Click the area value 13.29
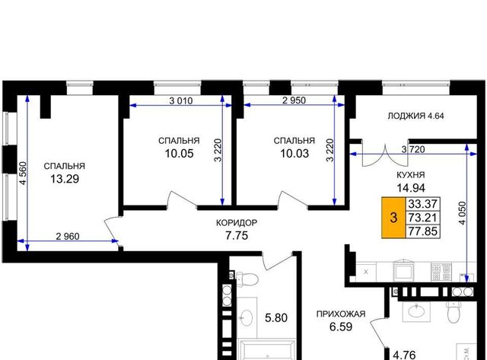(65, 179)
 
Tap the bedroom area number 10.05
(180, 154)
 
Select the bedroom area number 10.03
(294, 154)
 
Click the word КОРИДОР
(237, 223)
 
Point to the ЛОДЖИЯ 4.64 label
(416, 116)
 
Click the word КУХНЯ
(411, 175)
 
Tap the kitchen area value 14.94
(411, 187)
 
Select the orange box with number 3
(394, 218)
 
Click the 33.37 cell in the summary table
(423, 204)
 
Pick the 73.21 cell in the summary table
(423, 218)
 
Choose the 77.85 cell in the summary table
(423, 231)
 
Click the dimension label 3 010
(181, 100)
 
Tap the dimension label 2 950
(294, 100)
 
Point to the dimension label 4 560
(24, 173)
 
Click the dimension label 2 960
(68, 237)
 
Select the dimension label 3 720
(413, 149)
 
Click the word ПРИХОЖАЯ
(341, 314)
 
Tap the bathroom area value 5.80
(275, 317)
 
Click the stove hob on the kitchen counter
(441, 272)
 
